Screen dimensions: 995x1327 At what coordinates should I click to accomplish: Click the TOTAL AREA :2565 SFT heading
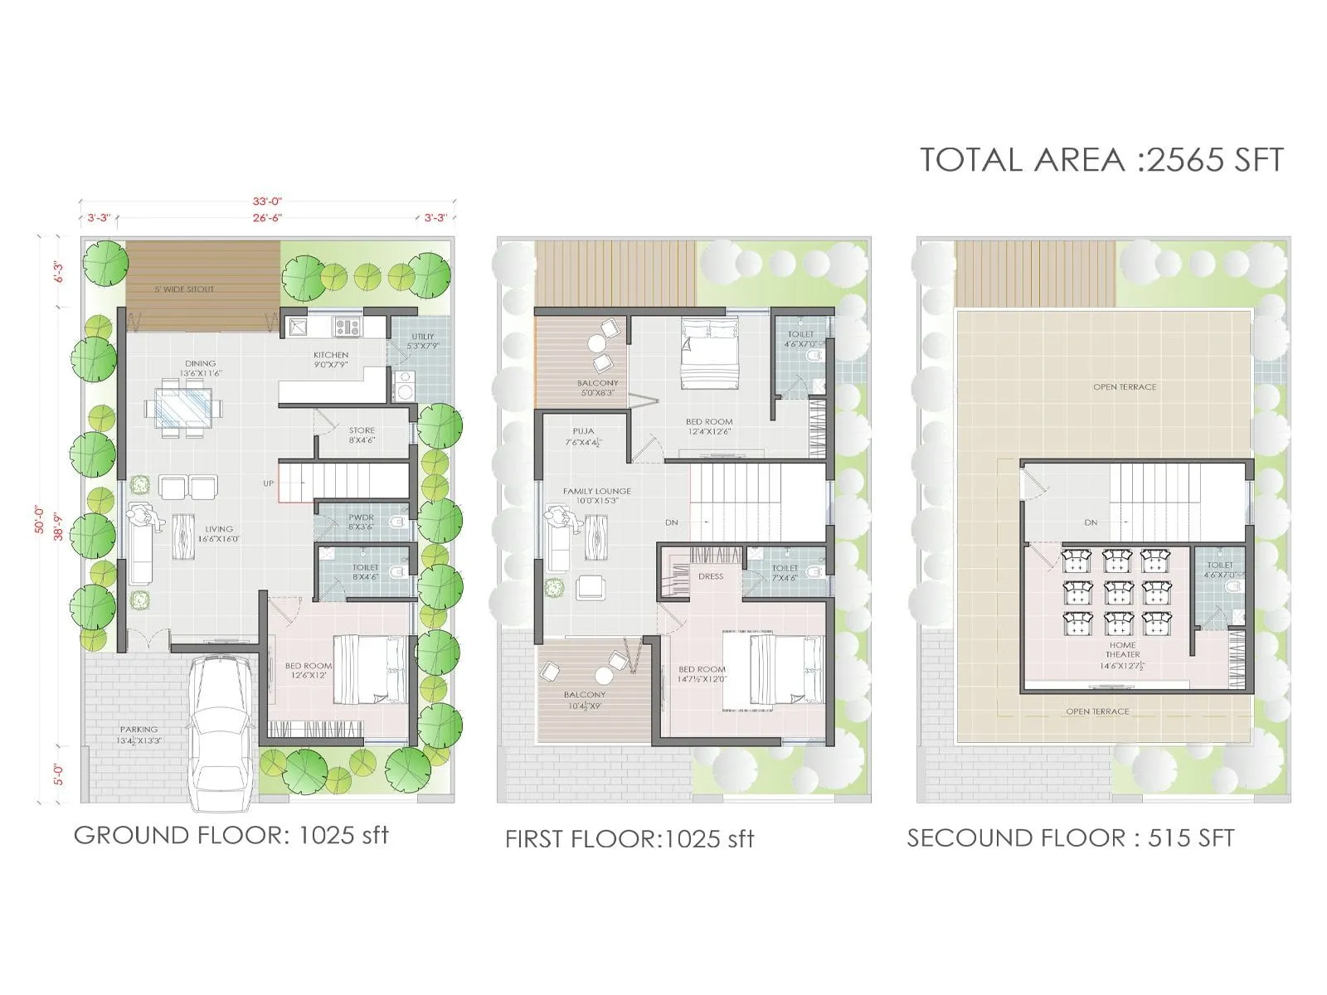(x=1101, y=159)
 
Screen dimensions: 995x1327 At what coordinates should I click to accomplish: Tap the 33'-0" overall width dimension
(x=268, y=201)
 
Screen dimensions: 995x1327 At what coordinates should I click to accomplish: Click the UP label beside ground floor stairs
(x=269, y=483)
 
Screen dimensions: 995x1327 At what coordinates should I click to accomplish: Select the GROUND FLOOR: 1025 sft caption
(x=231, y=835)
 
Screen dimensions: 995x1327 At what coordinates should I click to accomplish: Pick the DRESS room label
(x=710, y=576)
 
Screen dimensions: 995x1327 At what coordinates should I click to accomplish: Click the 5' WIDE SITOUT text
(x=183, y=289)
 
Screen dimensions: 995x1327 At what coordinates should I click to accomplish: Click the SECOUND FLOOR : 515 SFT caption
(x=1070, y=838)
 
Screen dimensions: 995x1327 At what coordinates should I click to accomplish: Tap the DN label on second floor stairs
(x=1091, y=522)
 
